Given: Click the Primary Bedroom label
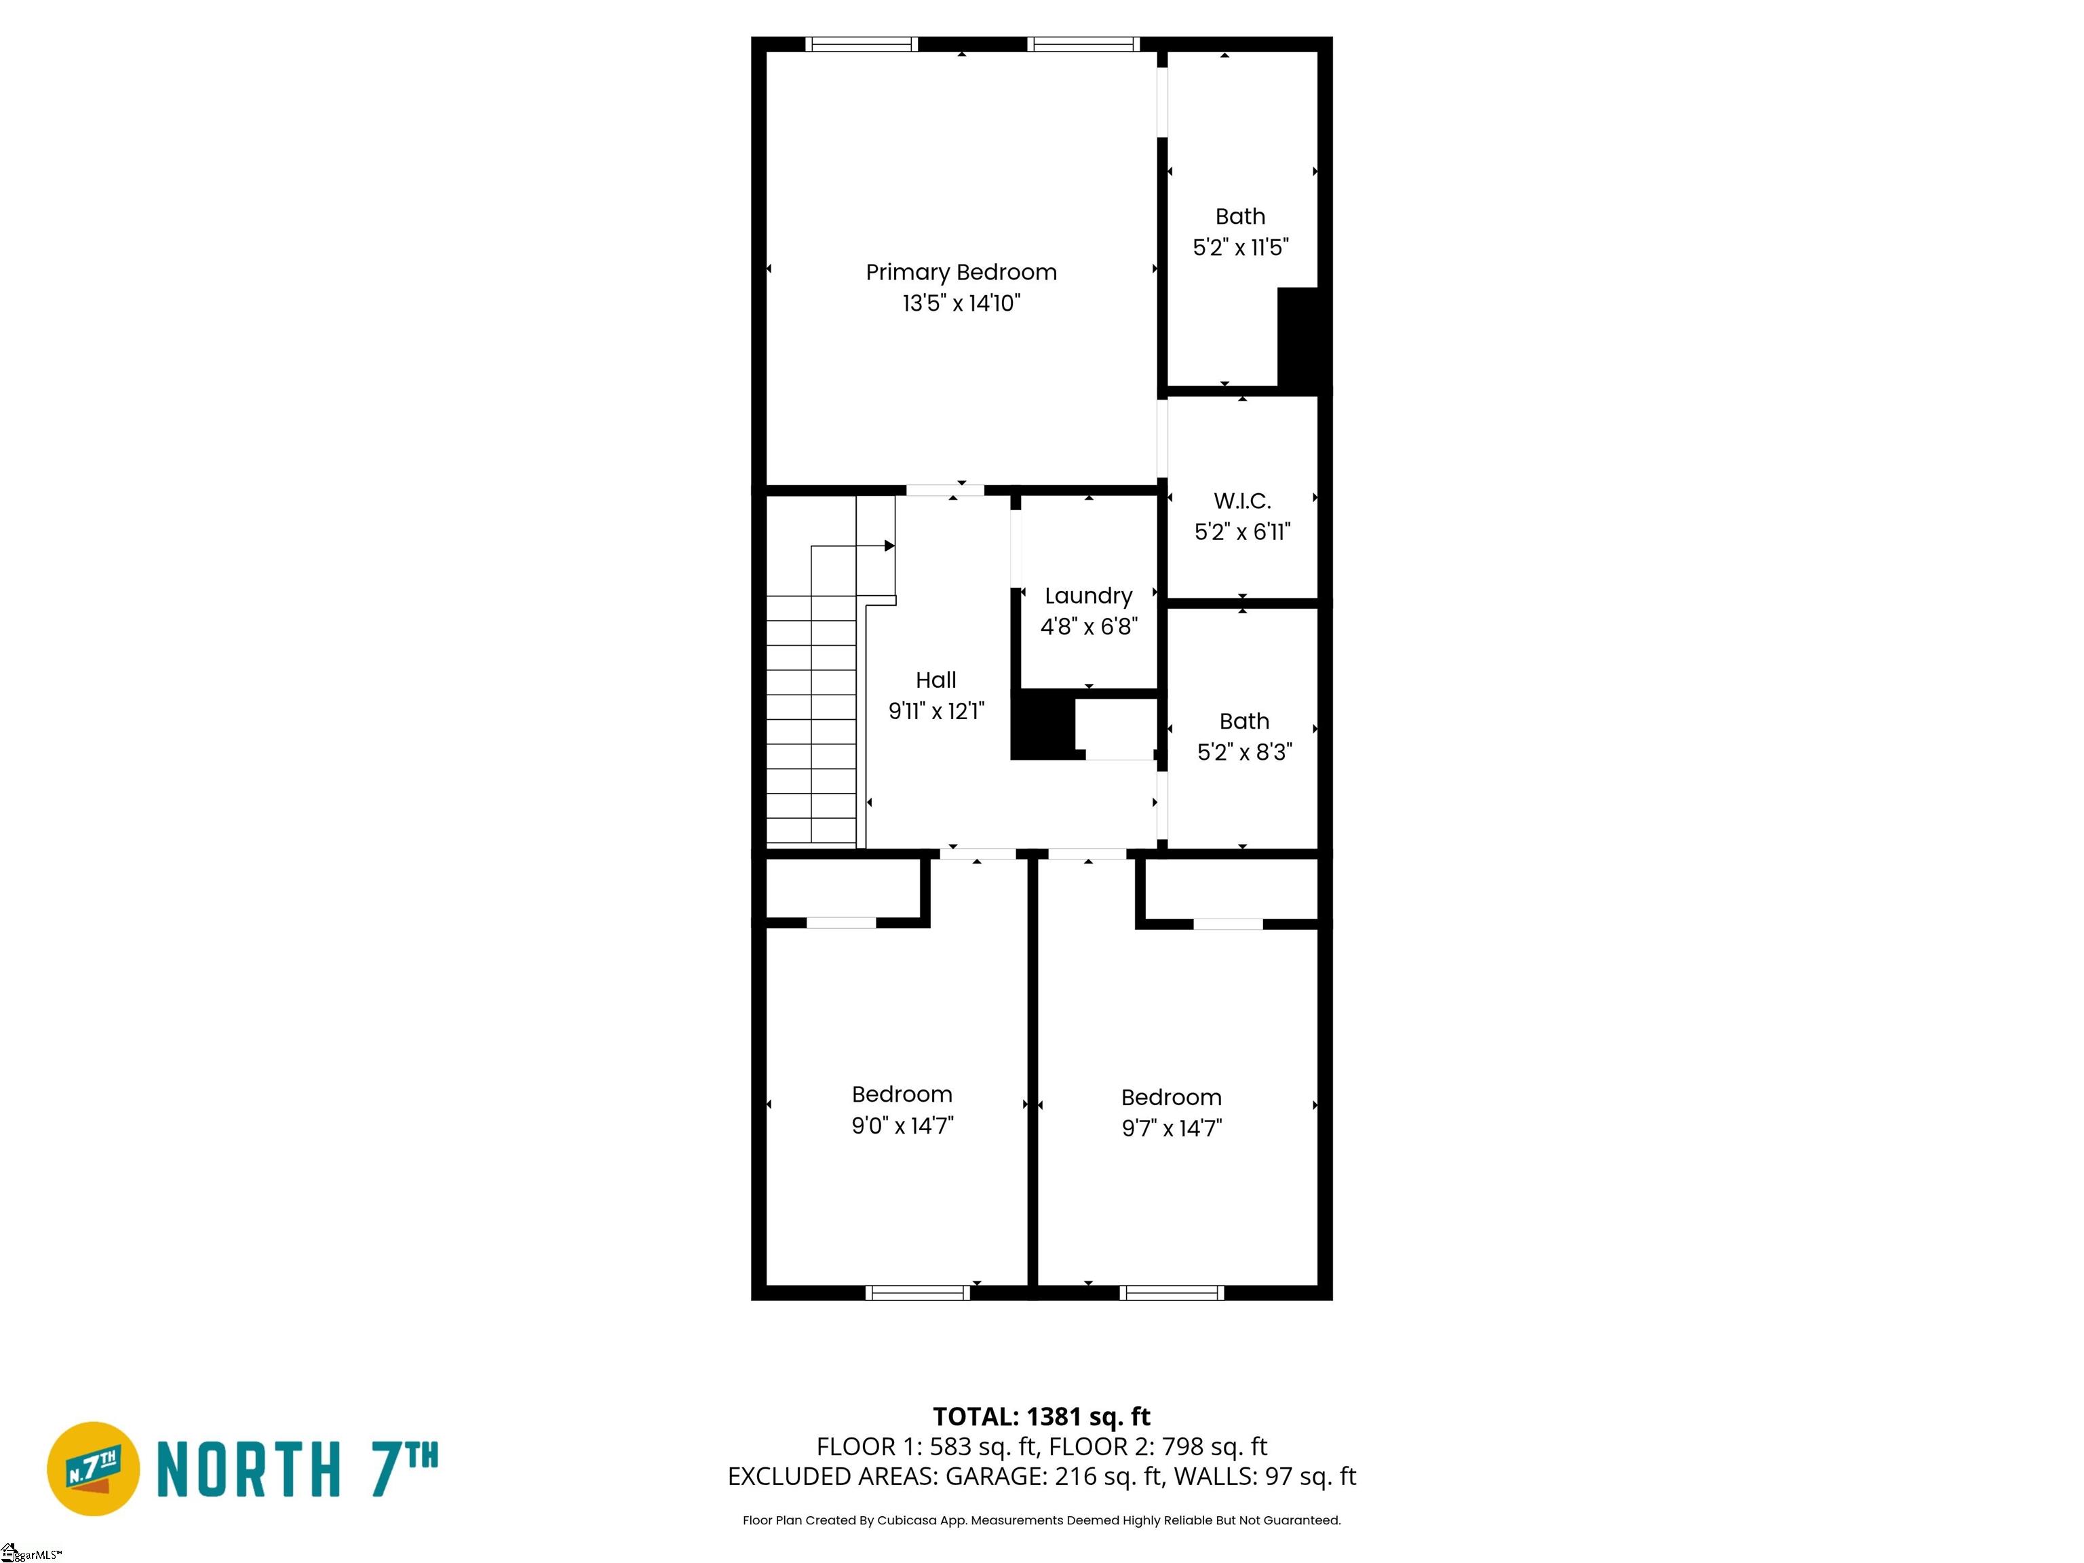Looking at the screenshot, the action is pos(961,272).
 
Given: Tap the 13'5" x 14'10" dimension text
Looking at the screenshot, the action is pos(961,303).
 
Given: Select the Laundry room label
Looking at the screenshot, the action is pos(1088,596).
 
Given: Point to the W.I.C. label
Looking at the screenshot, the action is pos(1241,501).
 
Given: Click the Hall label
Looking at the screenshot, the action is pos(935,680).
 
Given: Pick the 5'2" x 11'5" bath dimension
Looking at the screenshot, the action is pos(1241,248).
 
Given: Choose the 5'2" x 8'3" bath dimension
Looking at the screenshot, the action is pos(1245,752).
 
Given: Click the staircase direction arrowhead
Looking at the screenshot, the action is pos(889,545).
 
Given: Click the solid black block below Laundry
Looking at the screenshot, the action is pos(1043,724).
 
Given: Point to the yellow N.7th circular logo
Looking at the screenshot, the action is pos(93,1469).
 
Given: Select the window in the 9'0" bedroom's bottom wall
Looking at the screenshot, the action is pos(918,1292).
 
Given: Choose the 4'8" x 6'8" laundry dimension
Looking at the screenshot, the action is pos(1088,627).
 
